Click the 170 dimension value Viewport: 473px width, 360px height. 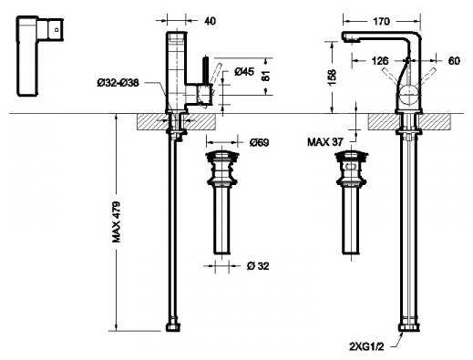[381, 21]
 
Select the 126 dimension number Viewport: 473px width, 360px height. [380, 61]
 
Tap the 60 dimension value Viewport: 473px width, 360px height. [454, 61]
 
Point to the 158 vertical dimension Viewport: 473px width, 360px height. [333, 77]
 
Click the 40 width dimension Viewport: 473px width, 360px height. [210, 21]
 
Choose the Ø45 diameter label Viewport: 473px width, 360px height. [244, 72]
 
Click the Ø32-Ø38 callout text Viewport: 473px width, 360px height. [118, 82]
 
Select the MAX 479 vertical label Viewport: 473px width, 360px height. [117, 222]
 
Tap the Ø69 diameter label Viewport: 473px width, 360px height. [259, 142]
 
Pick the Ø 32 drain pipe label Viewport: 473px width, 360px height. [258, 266]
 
